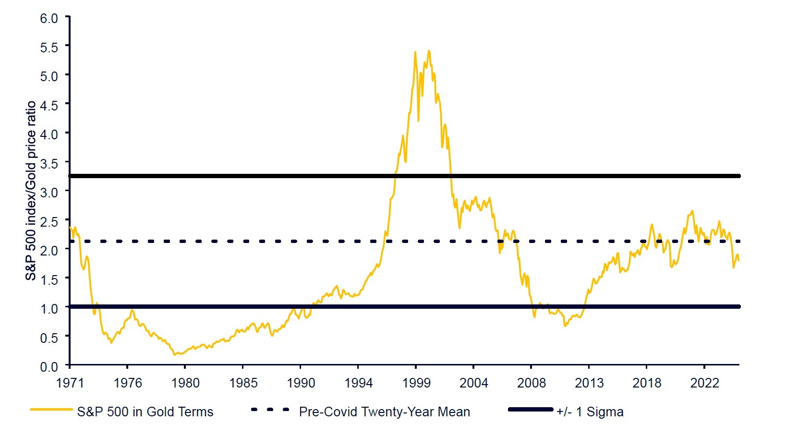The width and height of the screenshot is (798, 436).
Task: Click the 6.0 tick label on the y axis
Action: click(x=48, y=18)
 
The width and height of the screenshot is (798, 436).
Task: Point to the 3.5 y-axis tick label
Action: click(x=48, y=163)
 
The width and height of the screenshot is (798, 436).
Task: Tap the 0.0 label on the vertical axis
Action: click(x=48, y=367)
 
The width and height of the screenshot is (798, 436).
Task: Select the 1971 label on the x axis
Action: click(x=70, y=383)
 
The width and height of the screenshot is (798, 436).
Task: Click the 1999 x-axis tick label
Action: click(x=416, y=383)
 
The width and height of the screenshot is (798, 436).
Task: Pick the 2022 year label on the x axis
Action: click(x=704, y=383)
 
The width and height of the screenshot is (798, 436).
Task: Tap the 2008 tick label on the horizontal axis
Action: click(x=531, y=383)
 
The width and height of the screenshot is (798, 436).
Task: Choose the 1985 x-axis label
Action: click(x=243, y=383)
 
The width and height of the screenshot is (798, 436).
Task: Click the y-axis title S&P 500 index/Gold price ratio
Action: click(x=31, y=191)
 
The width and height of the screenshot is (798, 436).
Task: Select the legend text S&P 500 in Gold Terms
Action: click(x=145, y=412)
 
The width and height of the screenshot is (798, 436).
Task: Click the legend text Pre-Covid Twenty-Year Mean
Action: click(x=384, y=412)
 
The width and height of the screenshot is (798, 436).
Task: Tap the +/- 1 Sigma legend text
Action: click(x=590, y=412)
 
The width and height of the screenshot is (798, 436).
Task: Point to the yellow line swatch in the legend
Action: click(x=51, y=410)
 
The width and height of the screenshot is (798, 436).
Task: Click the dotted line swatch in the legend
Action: click(x=270, y=410)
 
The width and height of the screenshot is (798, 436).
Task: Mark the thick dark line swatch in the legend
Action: click(x=531, y=410)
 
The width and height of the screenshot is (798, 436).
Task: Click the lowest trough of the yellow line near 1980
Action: click(x=175, y=355)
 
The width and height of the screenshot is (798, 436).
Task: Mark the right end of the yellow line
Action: click(x=739, y=260)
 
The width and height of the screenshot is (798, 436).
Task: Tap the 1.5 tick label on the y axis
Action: click(x=48, y=279)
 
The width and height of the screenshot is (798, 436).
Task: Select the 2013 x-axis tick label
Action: click(x=589, y=383)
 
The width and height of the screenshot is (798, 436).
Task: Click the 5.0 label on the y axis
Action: click(x=48, y=76)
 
